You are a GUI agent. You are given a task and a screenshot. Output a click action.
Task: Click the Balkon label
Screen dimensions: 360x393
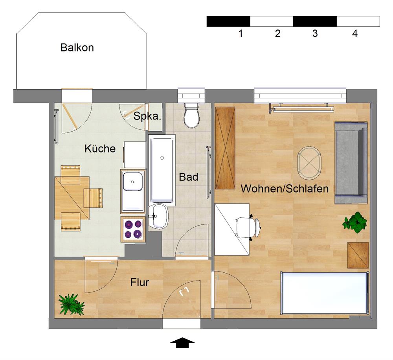tap(77, 48)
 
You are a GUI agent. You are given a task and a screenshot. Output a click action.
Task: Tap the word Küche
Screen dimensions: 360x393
tap(100, 149)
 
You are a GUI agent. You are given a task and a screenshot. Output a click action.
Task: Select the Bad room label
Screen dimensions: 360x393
tap(189, 177)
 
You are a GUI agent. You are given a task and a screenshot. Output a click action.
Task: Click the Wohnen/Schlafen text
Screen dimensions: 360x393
tap(285, 189)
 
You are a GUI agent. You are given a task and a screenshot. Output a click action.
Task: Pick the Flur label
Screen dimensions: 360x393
tap(140, 282)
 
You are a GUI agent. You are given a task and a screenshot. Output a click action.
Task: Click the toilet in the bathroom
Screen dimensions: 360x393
tap(192, 115)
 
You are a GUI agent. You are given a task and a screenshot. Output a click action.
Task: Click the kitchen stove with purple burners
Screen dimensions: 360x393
tap(133, 230)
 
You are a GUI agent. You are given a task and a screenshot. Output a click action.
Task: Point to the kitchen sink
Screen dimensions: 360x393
tap(133, 191)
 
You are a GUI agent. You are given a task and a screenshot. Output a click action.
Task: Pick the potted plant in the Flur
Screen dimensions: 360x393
tap(71, 304)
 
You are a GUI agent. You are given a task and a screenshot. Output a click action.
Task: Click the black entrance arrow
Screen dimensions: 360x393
tap(182, 343)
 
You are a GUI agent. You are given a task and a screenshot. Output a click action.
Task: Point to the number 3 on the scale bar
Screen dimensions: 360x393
tap(315, 34)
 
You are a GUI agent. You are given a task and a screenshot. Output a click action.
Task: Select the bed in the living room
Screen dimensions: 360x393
tap(325, 293)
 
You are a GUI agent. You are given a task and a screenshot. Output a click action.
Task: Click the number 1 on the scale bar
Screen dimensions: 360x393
tap(241, 34)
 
